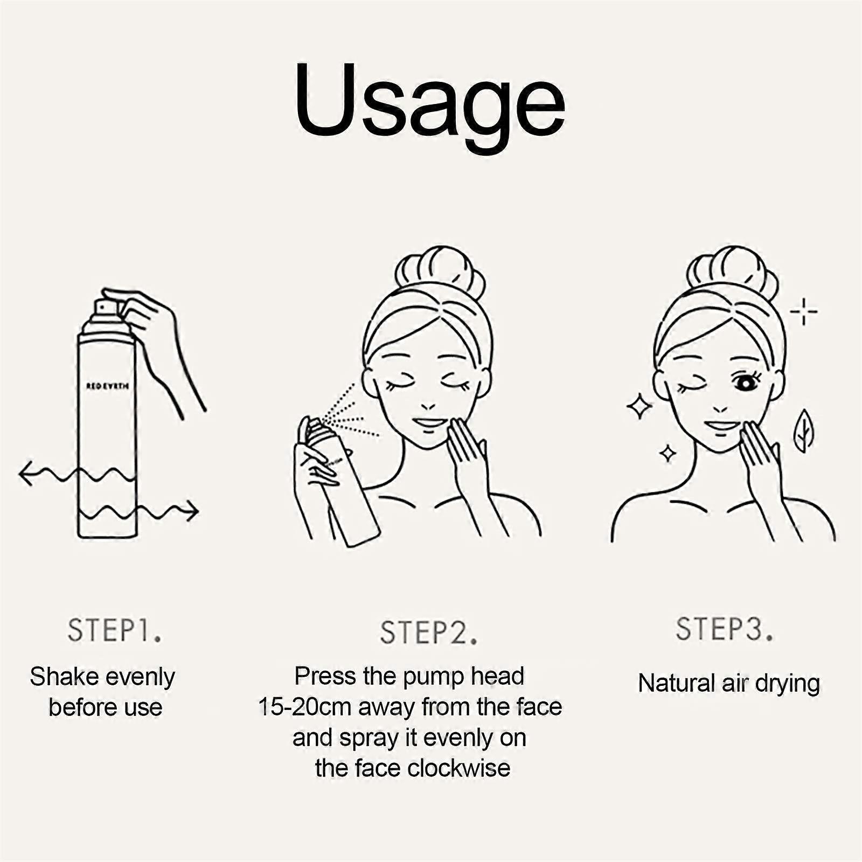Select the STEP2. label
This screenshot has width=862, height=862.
tap(429, 633)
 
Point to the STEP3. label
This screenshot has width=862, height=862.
tap(725, 629)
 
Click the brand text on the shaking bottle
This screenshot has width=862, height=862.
tap(107, 386)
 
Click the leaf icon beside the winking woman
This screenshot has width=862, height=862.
tap(804, 430)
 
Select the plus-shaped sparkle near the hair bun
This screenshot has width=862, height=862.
tap(803, 311)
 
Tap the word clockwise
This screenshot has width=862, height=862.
tap(458, 768)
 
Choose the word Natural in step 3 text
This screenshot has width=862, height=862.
tap(670, 683)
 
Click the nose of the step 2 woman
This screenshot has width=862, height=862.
tap(428, 405)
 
